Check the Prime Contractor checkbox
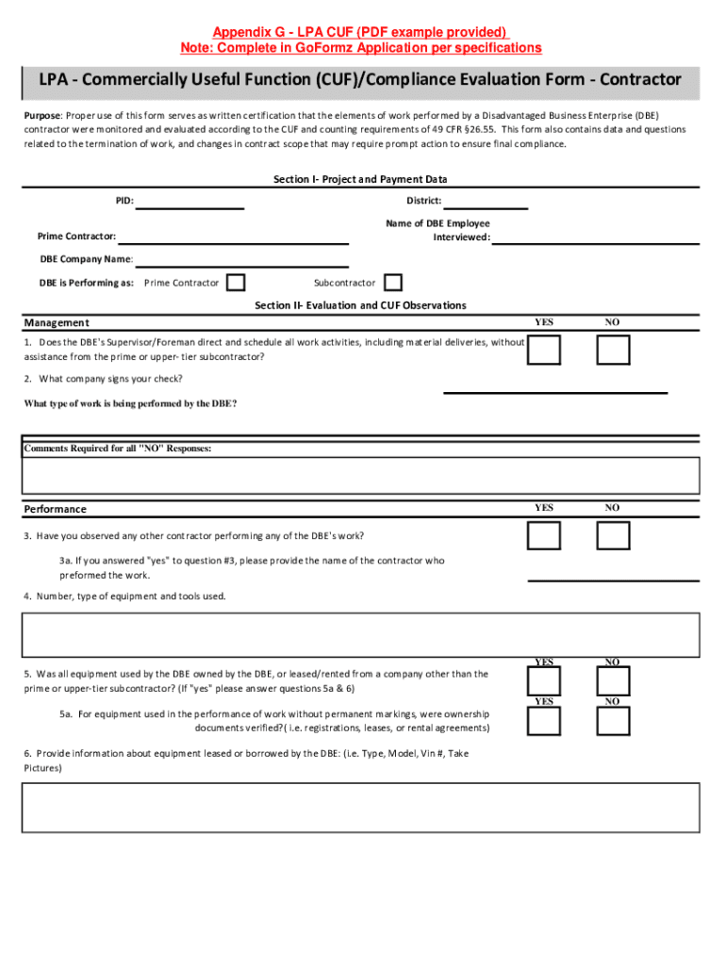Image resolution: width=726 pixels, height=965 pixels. (237, 283)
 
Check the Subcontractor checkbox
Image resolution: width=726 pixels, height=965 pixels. (393, 283)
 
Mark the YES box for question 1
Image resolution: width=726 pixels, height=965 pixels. (544, 350)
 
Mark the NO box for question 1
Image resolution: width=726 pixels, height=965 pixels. (613, 350)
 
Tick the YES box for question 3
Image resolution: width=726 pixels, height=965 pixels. (544, 535)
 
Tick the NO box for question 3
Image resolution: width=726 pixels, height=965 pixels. (613, 535)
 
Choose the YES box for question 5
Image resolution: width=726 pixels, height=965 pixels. (544, 680)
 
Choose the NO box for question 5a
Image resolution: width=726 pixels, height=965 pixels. (613, 721)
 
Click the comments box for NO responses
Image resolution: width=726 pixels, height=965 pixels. (360, 475)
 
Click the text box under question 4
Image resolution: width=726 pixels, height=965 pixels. (360, 635)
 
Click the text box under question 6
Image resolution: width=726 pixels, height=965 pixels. (360, 809)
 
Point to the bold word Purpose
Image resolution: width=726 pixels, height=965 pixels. (42, 115)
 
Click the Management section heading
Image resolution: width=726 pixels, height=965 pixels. (57, 323)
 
